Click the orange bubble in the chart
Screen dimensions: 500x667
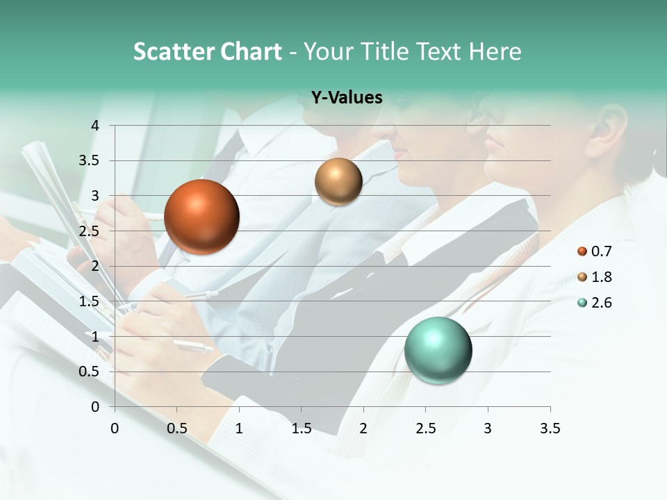201,217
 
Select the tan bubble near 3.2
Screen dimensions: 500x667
338,181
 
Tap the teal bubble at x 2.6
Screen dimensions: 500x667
438,350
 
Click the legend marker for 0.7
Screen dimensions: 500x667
582,251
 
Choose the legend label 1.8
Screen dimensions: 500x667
602,277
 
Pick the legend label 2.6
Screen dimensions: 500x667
602,303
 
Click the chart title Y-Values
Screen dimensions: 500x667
347,98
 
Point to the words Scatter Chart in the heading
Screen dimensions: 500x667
208,51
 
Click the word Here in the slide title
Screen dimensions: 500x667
494,51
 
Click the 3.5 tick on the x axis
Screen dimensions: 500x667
550,428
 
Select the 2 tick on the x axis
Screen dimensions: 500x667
363,428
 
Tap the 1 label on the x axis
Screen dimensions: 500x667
239,428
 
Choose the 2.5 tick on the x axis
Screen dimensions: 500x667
425,428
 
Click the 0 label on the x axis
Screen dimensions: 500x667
115,428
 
